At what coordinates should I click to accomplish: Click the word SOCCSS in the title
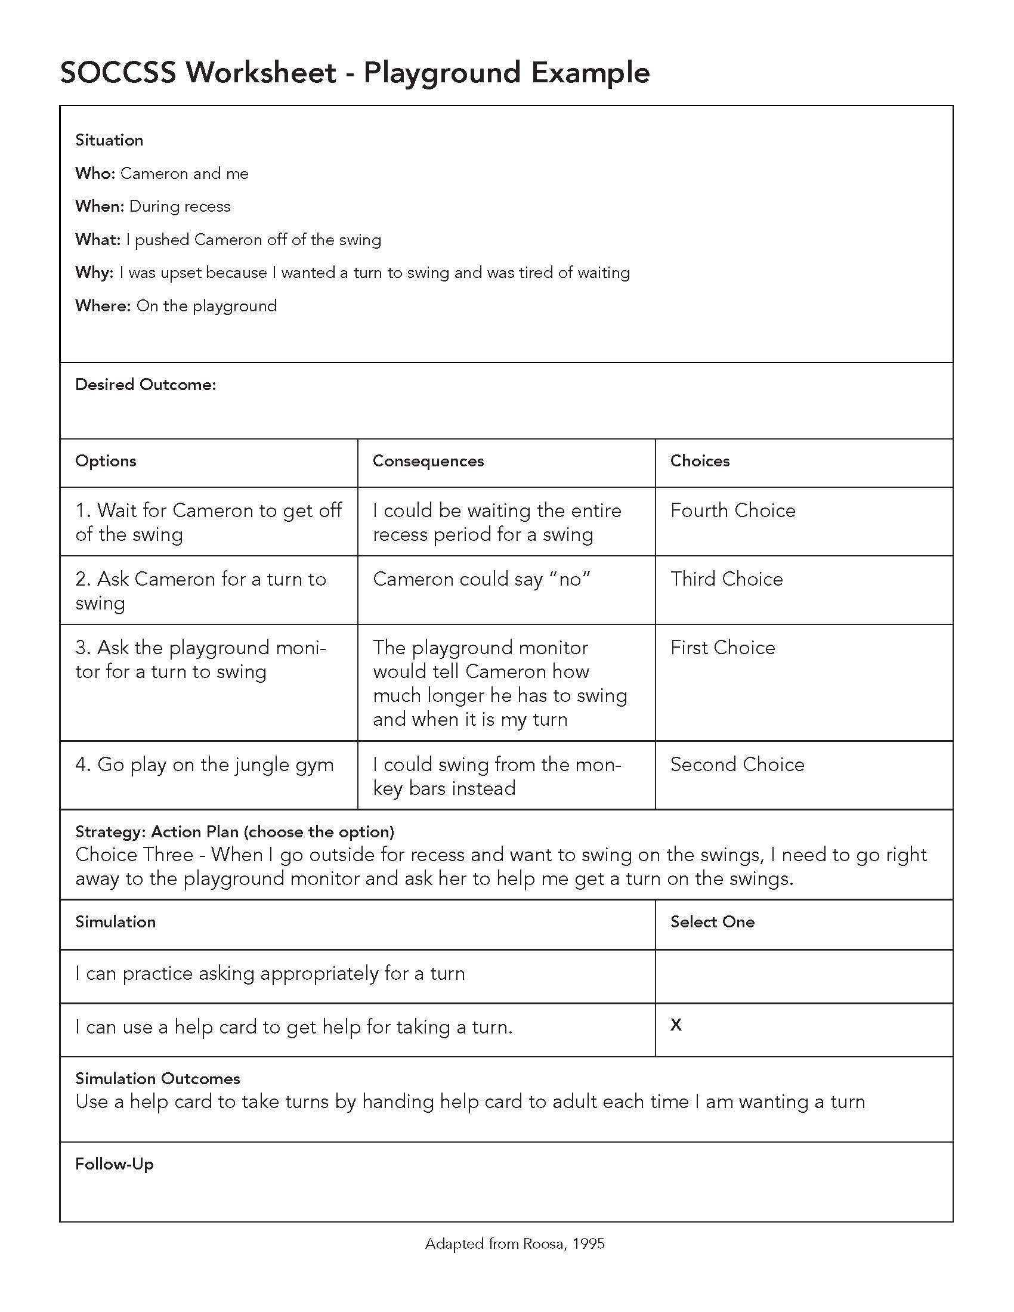click(x=118, y=73)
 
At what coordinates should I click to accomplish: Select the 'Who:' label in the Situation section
click(x=95, y=174)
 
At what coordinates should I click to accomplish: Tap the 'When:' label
click(x=100, y=207)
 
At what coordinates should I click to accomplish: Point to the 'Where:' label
click(x=103, y=307)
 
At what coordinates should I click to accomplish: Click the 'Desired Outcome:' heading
click(x=146, y=385)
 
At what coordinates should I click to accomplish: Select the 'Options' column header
click(x=106, y=461)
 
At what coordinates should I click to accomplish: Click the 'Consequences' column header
click(x=428, y=461)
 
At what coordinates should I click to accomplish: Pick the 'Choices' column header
click(x=700, y=461)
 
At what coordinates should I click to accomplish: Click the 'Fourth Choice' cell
click(x=733, y=510)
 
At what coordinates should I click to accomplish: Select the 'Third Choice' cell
click(x=727, y=579)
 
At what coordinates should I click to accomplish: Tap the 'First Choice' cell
click(x=723, y=648)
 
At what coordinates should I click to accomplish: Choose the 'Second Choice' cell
click(x=737, y=764)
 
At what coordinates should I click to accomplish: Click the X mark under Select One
click(x=676, y=1024)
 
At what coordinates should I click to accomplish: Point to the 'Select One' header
click(x=712, y=921)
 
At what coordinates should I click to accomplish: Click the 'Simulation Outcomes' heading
click(x=157, y=1078)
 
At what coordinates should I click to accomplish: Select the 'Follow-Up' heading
click(x=114, y=1164)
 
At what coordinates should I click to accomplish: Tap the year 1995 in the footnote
click(x=588, y=1243)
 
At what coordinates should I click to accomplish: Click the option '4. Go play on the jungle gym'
click(x=204, y=765)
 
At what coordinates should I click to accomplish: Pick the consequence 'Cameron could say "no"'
click(x=482, y=579)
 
